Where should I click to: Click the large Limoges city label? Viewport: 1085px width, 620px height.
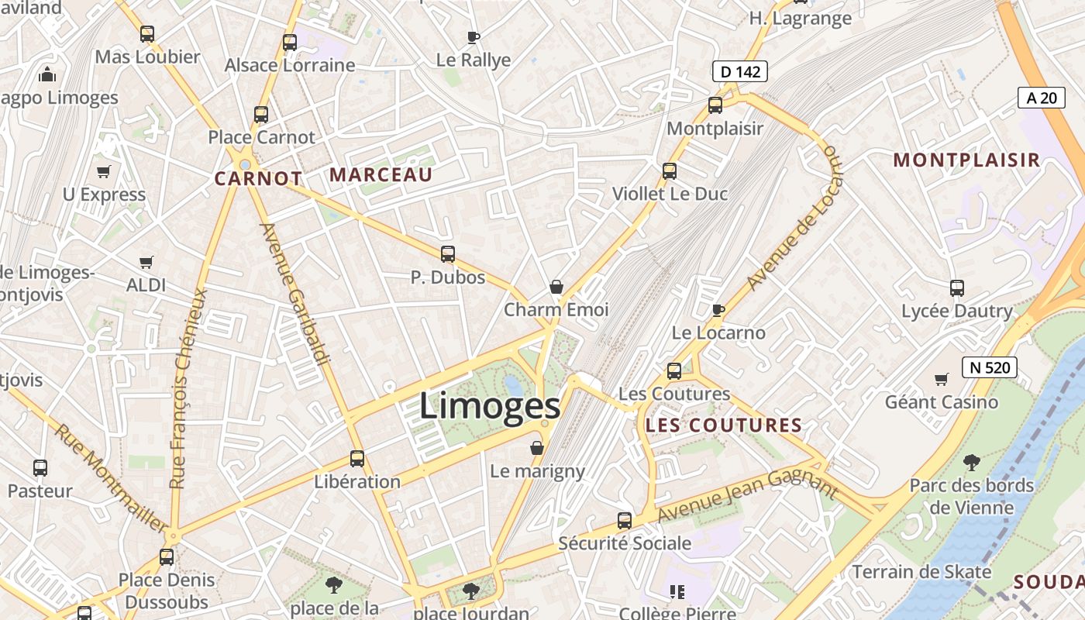coord(489,406)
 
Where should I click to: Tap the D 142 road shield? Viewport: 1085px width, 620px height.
coord(739,72)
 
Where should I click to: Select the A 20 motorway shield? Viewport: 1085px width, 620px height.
coord(1042,98)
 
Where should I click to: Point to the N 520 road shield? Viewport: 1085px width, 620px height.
coord(989,367)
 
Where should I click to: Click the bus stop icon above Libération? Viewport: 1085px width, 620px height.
coord(357,459)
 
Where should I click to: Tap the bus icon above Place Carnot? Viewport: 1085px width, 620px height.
coord(261,115)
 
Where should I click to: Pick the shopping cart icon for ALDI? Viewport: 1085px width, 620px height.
coord(146,263)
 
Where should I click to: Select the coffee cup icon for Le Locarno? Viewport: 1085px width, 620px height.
coord(718,311)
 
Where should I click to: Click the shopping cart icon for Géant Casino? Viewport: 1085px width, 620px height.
coord(942,379)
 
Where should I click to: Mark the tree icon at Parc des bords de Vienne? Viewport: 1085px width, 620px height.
coord(971,463)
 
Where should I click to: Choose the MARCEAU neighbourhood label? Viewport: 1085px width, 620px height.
coord(381,175)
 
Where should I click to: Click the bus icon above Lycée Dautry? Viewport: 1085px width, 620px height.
coord(957,288)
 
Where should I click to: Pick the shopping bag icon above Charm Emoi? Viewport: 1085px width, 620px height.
coord(556,288)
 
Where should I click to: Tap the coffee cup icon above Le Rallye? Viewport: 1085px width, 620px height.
coord(474,37)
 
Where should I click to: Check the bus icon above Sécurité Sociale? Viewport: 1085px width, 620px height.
coord(625,521)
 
